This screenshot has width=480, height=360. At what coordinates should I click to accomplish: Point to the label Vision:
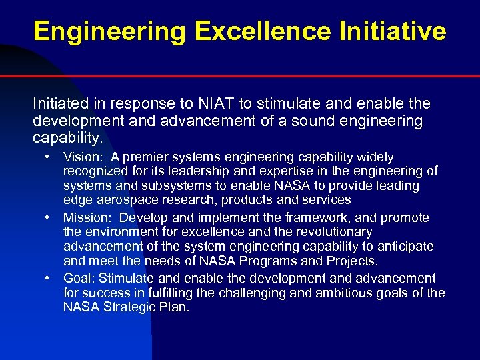coord(83,157)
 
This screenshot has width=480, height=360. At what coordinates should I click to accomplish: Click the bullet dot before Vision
coord(49,157)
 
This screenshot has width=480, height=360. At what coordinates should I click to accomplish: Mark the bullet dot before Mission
coord(49,217)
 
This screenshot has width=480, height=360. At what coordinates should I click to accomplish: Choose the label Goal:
coord(79,278)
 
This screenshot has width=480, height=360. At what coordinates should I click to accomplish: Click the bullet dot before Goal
coord(49,278)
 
